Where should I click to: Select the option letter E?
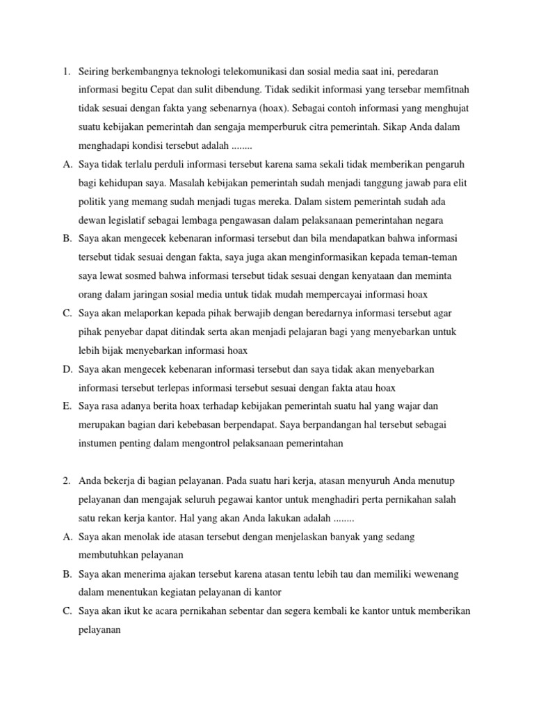click(x=67, y=406)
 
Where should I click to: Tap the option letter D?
click(x=67, y=369)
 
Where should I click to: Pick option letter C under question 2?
click(x=67, y=610)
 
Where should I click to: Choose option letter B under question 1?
click(x=67, y=239)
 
